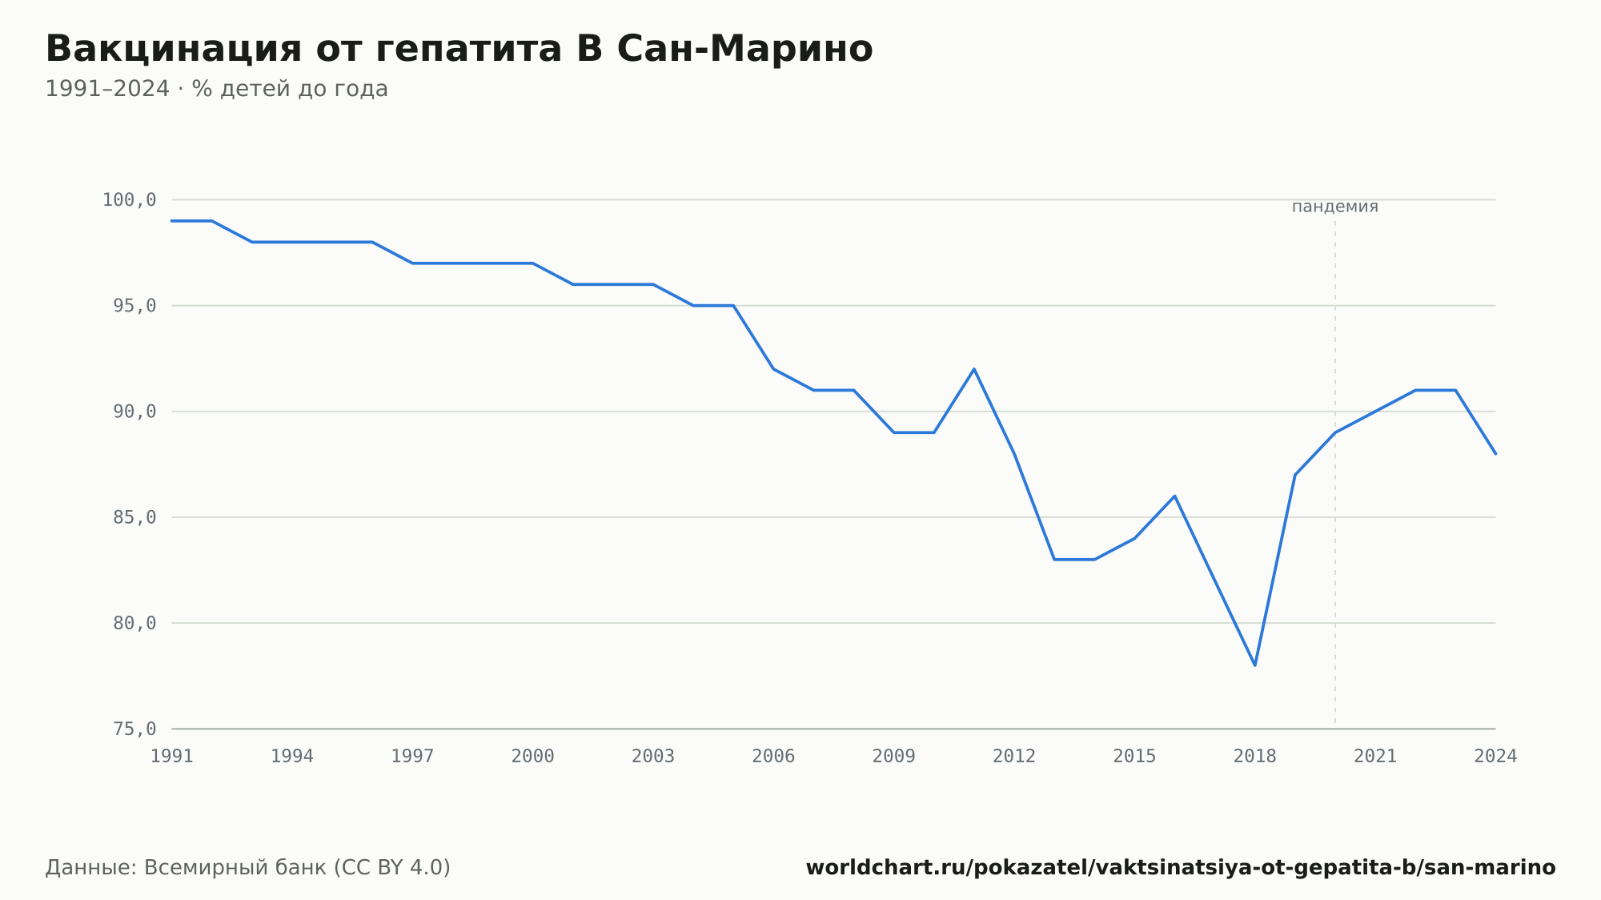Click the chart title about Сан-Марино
point(459,49)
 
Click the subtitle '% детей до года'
point(290,89)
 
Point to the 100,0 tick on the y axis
point(129,200)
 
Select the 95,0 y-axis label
point(134,306)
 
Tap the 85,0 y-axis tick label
point(134,517)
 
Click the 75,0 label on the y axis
point(134,729)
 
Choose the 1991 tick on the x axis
point(172,757)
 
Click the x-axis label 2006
point(773,757)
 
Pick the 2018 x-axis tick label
point(1255,757)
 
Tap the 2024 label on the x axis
point(1495,757)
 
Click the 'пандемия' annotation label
point(1334,207)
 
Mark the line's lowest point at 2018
point(1254,665)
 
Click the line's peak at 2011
point(974,369)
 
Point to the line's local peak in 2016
point(1174,496)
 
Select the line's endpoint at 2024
point(1495,454)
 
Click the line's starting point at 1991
point(172,221)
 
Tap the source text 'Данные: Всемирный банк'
point(186,868)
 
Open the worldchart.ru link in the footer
point(1181,868)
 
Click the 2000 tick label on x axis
point(533,757)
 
